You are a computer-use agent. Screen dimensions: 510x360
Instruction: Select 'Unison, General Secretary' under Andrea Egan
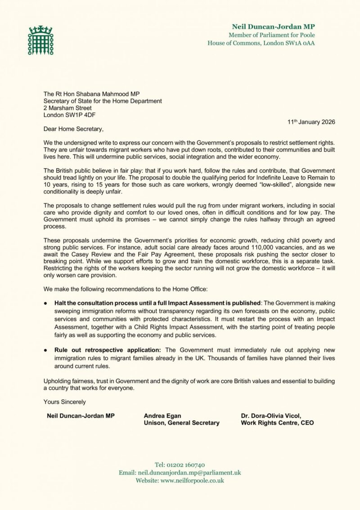(181, 423)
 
